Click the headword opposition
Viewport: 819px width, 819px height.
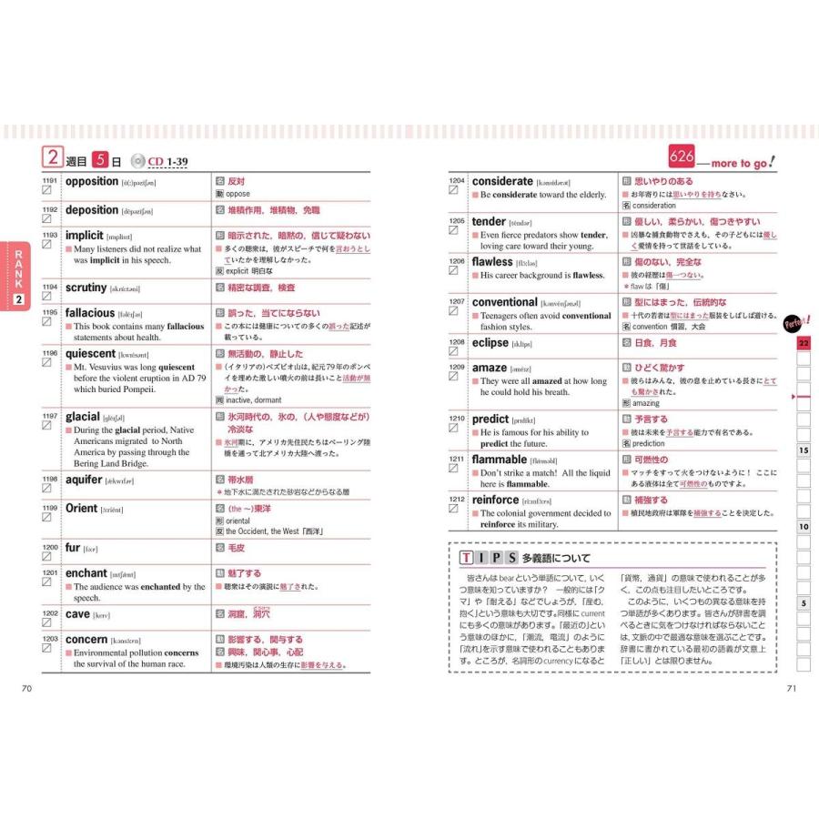click(x=92, y=182)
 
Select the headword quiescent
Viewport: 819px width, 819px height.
click(x=90, y=354)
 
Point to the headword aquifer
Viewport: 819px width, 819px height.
click(x=83, y=479)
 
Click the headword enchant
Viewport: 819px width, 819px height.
click(x=86, y=573)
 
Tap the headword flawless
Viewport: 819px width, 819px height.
click(x=492, y=262)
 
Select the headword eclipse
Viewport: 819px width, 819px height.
click(x=490, y=343)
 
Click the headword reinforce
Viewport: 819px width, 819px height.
click(x=495, y=500)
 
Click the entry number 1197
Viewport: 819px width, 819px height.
click(x=49, y=416)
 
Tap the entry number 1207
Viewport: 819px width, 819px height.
click(x=456, y=300)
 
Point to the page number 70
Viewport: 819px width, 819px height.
click(x=26, y=687)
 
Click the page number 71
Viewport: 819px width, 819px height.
click(x=792, y=687)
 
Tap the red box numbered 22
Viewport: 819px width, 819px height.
click(x=804, y=343)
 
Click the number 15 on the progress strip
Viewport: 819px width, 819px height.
click(x=804, y=450)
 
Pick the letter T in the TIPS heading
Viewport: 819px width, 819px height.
click(x=466, y=558)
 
